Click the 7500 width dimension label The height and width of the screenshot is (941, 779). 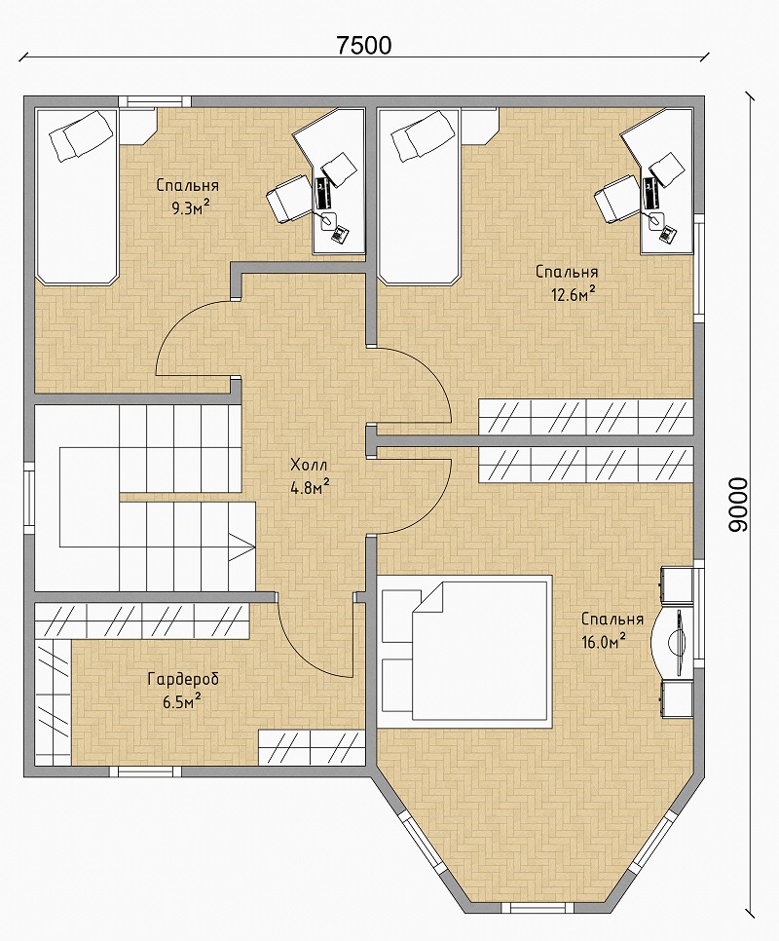click(363, 45)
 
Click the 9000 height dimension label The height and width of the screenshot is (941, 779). click(738, 505)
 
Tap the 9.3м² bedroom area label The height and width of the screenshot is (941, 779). click(190, 208)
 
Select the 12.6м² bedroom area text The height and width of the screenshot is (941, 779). click(573, 294)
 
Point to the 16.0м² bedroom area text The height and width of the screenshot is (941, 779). click(604, 642)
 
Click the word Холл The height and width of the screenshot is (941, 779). click(310, 465)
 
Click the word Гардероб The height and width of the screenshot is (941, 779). click(183, 679)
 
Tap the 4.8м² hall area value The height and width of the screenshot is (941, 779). click(310, 487)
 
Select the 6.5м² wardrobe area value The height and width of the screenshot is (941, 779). click(182, 701)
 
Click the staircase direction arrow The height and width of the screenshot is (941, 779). click(241, 547)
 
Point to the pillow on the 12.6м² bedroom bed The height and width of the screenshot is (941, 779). click(424, 136)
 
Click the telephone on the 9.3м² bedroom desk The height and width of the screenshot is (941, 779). click(340, 233)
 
